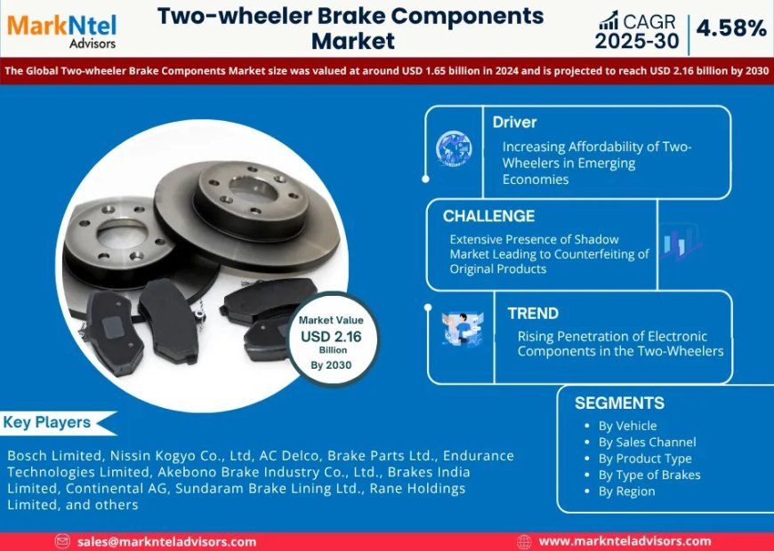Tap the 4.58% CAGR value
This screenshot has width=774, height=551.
pos(731,28)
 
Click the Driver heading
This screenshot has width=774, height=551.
pos(515,122)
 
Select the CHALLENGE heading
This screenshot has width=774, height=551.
pos(488,216)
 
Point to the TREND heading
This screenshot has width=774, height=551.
pos(533,314)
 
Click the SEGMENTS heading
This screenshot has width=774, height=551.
pos(619,403)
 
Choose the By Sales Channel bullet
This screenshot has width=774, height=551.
pos(647,442)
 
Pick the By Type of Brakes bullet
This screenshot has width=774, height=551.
pos(649,475)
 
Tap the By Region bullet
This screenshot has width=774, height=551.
pos(626,491)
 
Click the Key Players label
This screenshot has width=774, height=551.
pos(47,422)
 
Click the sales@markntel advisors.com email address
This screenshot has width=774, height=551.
pos(166,541)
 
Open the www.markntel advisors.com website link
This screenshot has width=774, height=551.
pos(625,541)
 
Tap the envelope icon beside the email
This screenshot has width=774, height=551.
pos(62,541)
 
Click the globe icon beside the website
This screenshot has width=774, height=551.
pos(525,541)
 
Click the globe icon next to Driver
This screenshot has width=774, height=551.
pos(454,149)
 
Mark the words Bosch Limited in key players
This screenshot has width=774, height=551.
pos(46,455)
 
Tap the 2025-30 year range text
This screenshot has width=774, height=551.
pos(637,41)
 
